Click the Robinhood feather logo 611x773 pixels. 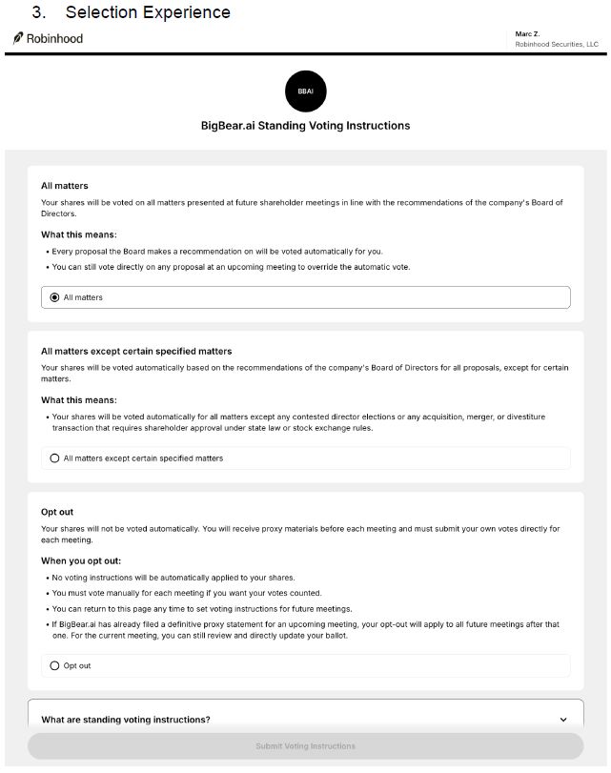pyautogui.click(x=18, y=38)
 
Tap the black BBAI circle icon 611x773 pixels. pyautogui.click(x=305, y=92)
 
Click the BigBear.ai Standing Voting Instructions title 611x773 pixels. pyautogui.click(x=305, y=126)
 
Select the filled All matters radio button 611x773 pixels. pyautogui.click(x=54, y=297)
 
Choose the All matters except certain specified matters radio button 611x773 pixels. pyautogui.click(x=54, y=458)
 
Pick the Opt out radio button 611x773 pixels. pyautogui.click(x=54, y=665)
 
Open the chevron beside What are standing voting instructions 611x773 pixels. pyautogui.click(x=563, y=720)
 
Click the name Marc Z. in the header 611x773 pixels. pyautogui.click(x=527, y=34)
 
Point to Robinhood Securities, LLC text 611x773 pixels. pyautogui.click(x=557, y=44)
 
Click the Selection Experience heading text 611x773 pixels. pyautogui.click(x=148, y=12)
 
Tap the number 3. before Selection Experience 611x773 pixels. pyautogui.click(x=39, y=12)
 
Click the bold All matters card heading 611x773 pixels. pyautogui.click(x=64, y=186)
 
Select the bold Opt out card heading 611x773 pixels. pyautogui.click(x=57, y=512)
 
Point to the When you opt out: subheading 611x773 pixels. pyautogui.click(x=81, y=561)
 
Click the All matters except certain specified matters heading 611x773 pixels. pyautogui.click(x=136, y=351)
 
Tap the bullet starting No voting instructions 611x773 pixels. pyautogui.click(x=173, y=578)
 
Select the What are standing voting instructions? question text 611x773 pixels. pyautogui.click(x=126, y=720)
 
